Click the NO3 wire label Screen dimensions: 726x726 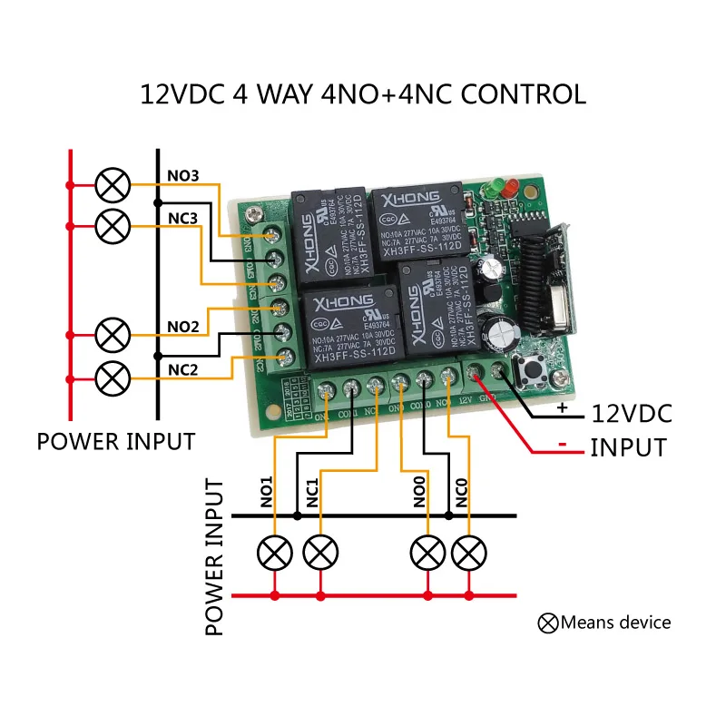[182, 174]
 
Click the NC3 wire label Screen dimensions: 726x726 [182, 219]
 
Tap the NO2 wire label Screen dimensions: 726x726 [182, 324]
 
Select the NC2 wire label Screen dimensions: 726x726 [182, 368]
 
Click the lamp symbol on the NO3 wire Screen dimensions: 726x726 [113, 186]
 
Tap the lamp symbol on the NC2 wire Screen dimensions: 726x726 [113, 374]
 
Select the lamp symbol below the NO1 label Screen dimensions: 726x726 [274, 552]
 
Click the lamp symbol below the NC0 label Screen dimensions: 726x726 [469, 552]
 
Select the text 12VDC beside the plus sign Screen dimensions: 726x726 [632, 415]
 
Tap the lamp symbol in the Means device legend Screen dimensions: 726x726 [548, 623]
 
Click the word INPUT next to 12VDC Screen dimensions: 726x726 [628, 447]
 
